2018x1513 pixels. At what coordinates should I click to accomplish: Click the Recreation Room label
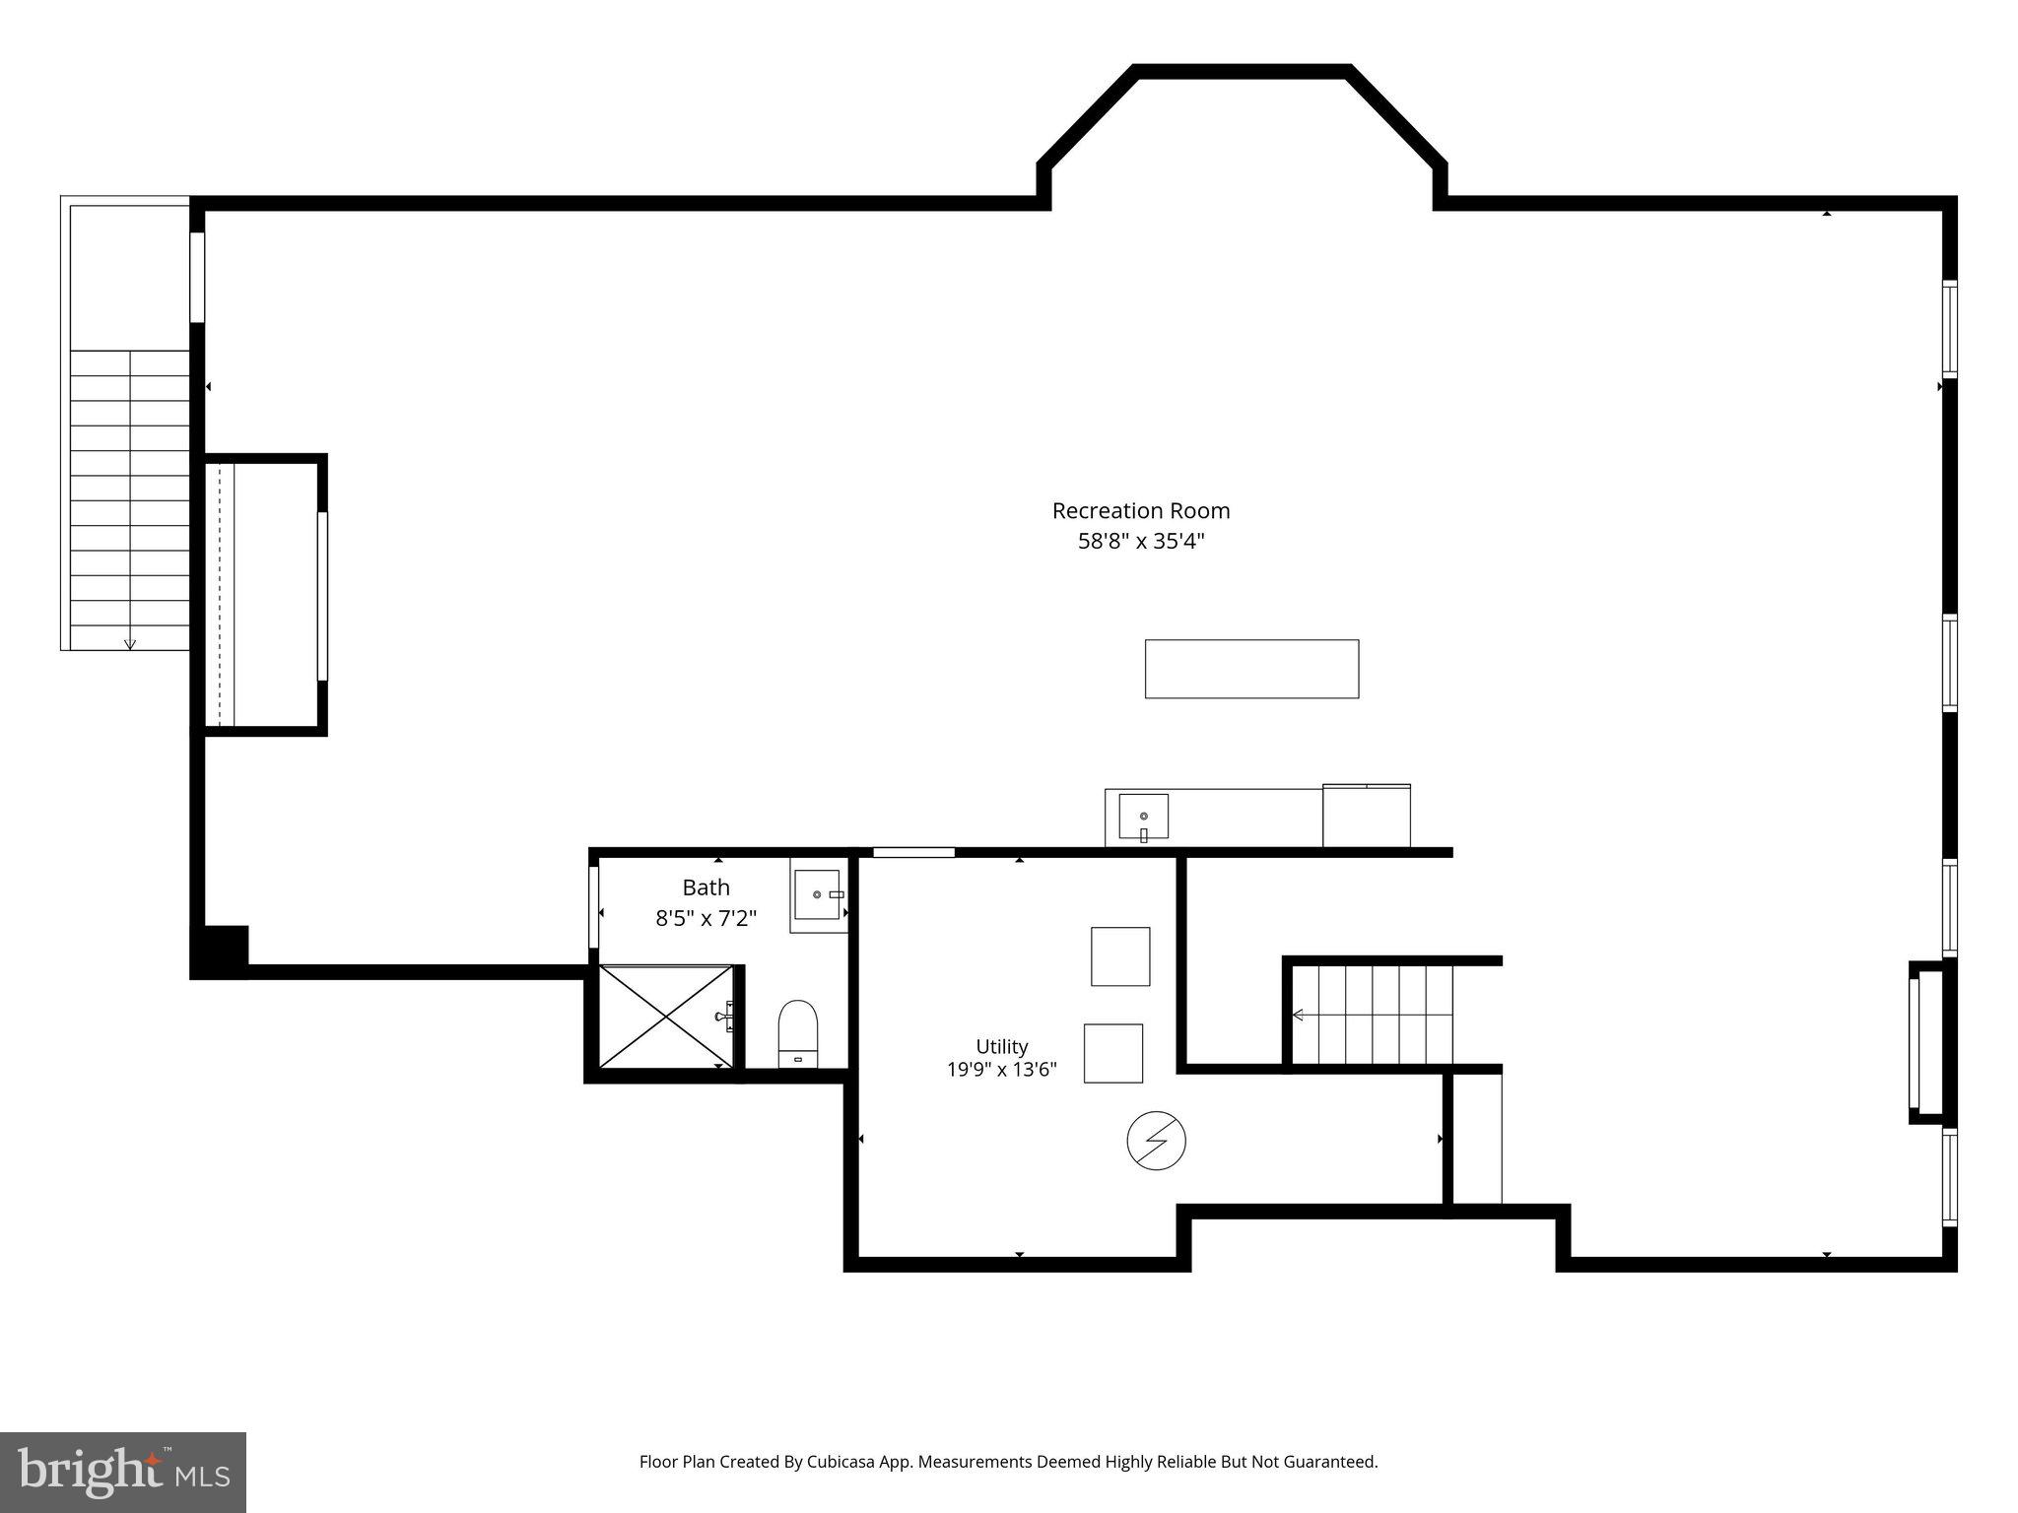1141,511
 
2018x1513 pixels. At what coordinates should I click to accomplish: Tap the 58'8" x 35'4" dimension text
1141,541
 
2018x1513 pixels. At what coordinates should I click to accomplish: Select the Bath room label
706,888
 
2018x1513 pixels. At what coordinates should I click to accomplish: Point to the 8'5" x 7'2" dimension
706,918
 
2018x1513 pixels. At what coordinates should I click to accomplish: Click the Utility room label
1002,1046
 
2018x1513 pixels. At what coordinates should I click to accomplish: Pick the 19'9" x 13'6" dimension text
1002,1070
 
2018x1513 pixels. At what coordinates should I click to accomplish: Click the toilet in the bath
798,1033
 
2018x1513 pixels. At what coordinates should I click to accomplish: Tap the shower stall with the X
667,1016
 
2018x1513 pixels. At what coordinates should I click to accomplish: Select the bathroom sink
818,894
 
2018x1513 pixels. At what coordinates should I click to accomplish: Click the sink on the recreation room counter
1143,817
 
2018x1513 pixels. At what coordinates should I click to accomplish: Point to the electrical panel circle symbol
1156,1142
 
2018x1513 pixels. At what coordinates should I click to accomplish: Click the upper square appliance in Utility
1120,956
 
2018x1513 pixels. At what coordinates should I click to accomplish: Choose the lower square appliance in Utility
1113,1054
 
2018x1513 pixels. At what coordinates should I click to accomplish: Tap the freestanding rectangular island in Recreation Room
1251,669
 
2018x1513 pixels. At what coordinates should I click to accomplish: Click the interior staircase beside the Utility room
1373,1015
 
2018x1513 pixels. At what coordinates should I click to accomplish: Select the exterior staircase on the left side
129,500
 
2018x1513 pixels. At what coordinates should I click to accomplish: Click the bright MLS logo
123,1473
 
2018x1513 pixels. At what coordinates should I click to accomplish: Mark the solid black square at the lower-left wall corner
221,951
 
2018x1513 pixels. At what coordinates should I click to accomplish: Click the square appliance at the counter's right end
1366,816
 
